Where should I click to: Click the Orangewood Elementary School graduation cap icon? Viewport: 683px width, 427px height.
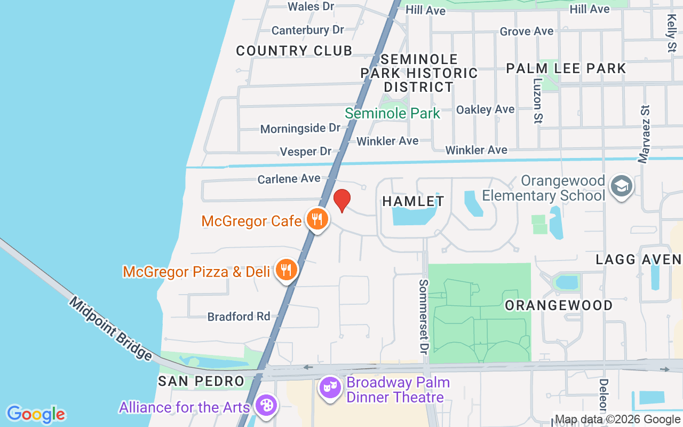tap(622, 186)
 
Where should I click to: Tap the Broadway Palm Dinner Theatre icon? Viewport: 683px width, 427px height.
tap(330, 387)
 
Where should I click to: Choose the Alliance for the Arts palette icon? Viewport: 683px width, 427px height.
tap(265, 406)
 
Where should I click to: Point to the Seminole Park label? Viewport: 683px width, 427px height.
tap(392, 113)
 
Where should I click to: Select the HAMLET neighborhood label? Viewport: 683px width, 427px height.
tap(414, 201)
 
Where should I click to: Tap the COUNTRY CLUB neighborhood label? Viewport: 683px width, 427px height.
tap(294, 51)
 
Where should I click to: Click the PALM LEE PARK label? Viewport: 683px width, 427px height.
tap(566, 68)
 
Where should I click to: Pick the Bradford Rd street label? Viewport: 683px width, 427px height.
tap(239, 317)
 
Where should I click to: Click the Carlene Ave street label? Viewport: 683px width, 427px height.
tap(289, 179)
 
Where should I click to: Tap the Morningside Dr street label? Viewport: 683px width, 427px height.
tap(300, 129)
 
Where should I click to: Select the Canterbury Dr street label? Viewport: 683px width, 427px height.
tap(308, 30)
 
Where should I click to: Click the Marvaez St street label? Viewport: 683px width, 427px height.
tap(645, 133)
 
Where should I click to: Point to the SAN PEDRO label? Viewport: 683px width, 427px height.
tap(201, 381)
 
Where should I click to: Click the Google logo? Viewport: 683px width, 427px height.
tap(36, 414)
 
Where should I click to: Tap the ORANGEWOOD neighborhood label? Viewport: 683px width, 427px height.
tap(559, 305)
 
